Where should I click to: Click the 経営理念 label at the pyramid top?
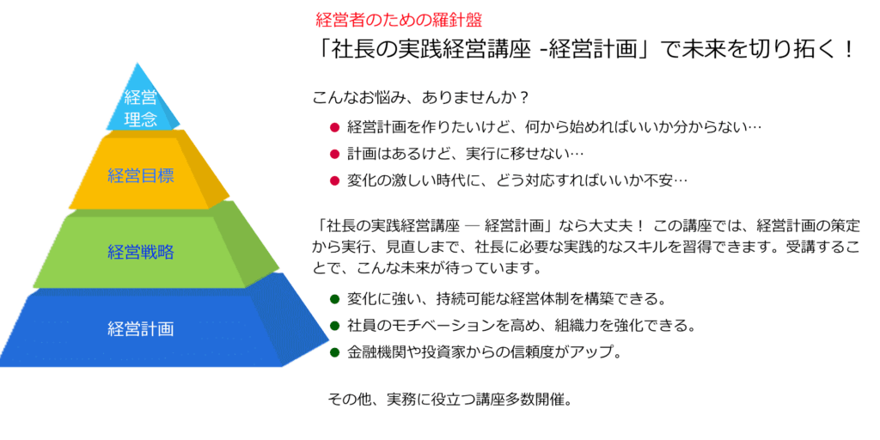(x=141, y=109)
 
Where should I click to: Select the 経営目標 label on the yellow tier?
(x=140, y=175)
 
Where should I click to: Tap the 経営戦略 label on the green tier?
(x=140, y=252)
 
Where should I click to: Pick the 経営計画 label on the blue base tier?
(x=140, y=328)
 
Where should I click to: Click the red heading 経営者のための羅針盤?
(x=399, y=21)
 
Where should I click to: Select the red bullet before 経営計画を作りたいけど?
(x=335, y=127)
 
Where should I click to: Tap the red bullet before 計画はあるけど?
(x=335, y=153)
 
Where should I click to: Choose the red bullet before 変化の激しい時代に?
(x=335, y=180)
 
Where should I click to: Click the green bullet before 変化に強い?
(x=335, y=298)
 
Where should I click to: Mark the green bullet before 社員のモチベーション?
(x=335, y=325)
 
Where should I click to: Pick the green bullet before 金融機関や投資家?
(x=335, y=351)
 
